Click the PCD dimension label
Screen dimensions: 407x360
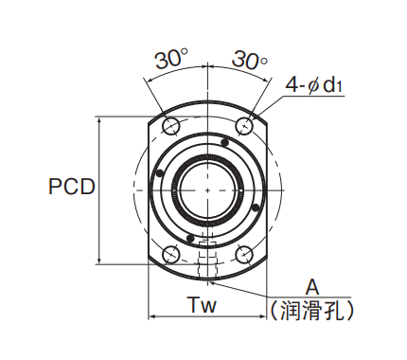(72, 186)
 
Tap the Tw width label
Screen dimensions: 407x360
(203, 305)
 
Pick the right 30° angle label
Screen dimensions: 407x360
(250, 59)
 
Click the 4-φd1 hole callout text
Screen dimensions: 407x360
(314, 84)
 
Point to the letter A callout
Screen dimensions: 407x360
(312, 287)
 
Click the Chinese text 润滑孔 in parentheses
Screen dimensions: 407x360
(311, 310)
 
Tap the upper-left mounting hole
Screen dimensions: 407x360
(171, 126)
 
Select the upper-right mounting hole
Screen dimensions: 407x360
(244, 126)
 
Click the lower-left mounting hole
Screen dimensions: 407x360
(171, 255)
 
